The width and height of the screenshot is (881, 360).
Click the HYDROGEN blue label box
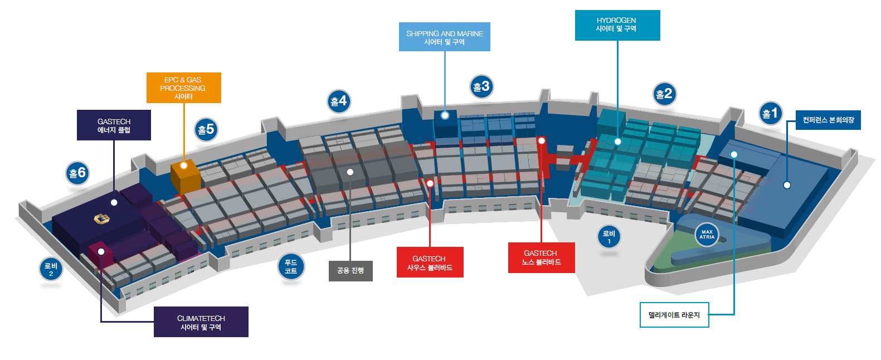[617, 25]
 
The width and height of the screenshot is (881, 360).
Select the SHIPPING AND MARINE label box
[445, 37]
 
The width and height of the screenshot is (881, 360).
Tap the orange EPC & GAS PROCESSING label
[184, 87]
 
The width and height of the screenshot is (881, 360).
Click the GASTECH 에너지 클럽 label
[114, 125]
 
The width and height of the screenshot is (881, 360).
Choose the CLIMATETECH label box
[201, 322]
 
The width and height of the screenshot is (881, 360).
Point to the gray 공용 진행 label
[351, 271]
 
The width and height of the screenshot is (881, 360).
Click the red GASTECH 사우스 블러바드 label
[430, 262]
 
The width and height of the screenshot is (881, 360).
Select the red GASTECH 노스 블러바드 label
[542, 257]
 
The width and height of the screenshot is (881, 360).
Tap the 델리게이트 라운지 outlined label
[674, 315]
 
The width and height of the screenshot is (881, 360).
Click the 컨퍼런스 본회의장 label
[828, 120]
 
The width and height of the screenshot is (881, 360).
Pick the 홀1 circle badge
[771, 113]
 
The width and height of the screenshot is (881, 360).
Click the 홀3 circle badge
[481, 86]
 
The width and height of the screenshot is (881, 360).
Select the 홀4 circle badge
[339, 101]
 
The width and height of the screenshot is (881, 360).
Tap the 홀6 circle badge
[77, 173]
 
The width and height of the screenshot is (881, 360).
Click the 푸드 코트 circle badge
[291, 266]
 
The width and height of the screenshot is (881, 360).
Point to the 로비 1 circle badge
[609, 237]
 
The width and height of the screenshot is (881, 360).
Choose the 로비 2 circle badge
[51, 270]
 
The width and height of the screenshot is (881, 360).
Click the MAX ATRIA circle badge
[707, 235]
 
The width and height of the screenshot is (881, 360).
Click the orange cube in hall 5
[185, 176]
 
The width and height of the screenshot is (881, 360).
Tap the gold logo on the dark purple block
[101, 219]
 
